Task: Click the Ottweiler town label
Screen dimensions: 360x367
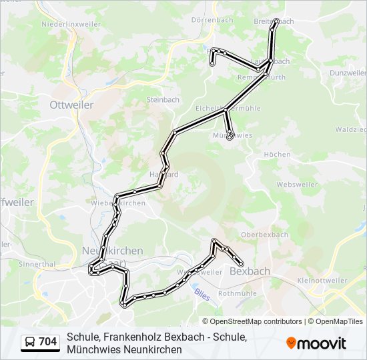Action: coord(71,105)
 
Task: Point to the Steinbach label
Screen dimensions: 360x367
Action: coord(163,100)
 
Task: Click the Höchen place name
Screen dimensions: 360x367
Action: coord(277,154)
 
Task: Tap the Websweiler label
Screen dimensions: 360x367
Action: coord(295,183)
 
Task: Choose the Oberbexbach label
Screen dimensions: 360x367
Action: coord(264,235)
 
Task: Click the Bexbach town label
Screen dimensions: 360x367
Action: coord(250,271)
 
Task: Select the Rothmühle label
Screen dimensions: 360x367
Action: coord(238,293)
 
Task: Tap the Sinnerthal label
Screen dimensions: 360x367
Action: coord(37,264)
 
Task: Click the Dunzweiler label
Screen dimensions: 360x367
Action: coord(348,72)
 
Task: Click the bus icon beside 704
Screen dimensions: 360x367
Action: coord(31,342)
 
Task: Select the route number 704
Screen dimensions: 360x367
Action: coord(47,342)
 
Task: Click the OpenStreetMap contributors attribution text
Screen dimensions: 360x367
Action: coord(256,321)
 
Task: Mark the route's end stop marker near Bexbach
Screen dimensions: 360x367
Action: coord(241,265)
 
